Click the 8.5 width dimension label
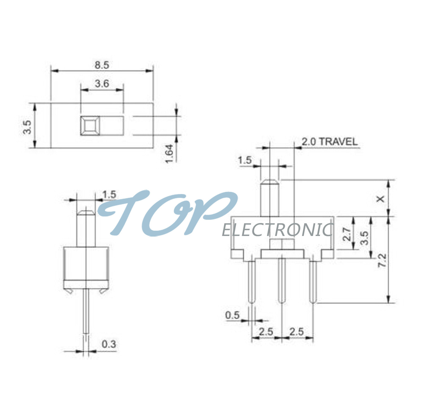(102, 65)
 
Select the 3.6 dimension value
(102, 84)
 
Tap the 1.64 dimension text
(169, 154)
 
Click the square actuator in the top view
(90, 126)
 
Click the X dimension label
(381, 199)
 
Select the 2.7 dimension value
(347, 234)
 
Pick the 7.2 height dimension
(382, 260)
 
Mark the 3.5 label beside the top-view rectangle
(27, 127)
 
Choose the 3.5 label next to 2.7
(365, 238)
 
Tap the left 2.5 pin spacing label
(266, 332)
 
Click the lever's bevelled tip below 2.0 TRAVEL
(270, 181)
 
